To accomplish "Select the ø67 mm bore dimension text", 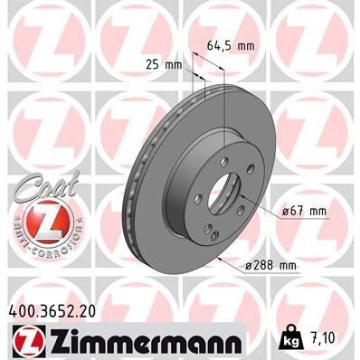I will pos(303,211).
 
